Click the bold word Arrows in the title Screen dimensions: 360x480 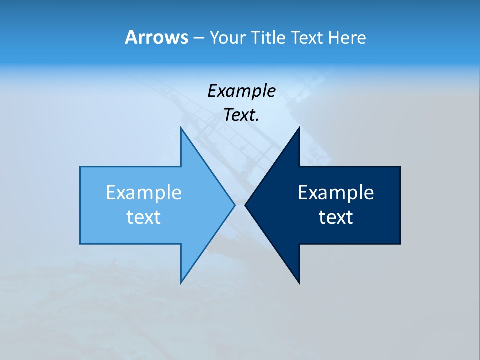click(x=156, y=37)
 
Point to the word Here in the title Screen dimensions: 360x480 click(x=347, y=38)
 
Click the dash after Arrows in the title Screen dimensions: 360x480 click(x=198, y=38)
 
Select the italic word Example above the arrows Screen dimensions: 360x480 click(x=242, y=91)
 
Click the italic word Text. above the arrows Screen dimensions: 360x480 click(x=242, y=115)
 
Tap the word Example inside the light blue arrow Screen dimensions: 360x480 click(x=144, y=193)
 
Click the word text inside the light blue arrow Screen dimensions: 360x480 click(x=144, y=217)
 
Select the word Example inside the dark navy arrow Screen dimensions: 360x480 click(x=336, y=193)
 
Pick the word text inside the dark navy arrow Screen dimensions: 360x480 click(x=336, y=217)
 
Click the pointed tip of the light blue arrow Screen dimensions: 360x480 click(x=234, y=205)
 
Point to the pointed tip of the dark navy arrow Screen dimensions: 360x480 click(x=245, y=205)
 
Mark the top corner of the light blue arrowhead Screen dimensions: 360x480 click(x=181, y=128)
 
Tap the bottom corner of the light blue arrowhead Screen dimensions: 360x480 click(x=181, y=282)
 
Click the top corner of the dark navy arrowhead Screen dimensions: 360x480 click(x=299, y=128)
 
